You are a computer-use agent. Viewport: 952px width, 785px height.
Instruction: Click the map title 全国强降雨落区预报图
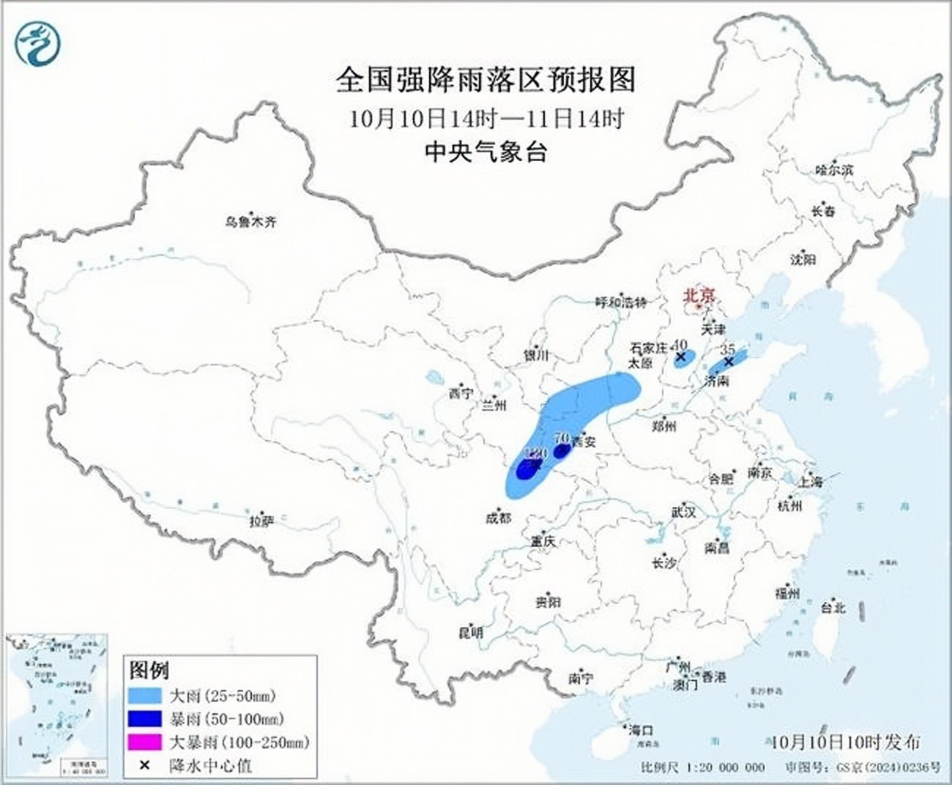pyautogui.click(x=486, y=80)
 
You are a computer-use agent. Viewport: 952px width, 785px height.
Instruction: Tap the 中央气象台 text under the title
pyautogui.click(x=486, y=152)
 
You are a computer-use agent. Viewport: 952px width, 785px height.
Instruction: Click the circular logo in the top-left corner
pyautogui.click(x=37, y=43)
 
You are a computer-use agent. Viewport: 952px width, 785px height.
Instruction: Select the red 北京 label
pyautogui.click(x=698, y=296)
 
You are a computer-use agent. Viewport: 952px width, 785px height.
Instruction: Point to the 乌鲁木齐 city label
pyautogui.click(x=250, y=221)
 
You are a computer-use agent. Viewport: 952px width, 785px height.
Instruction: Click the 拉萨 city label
pyautogui.click(x=261, y=521)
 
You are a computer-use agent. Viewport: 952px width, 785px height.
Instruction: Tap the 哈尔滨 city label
pyautogui.click(x=834, y=170)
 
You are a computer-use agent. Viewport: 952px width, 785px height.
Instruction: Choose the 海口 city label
pyautogui.click(x=640, y=730)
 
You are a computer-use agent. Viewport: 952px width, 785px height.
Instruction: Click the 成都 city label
pyautogui.click(x=498, y=518)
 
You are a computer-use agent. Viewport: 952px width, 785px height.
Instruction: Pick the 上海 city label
pyautogui.click(x=810, y=482)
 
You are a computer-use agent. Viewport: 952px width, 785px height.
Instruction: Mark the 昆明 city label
pyautogui.click(x=471, y=633)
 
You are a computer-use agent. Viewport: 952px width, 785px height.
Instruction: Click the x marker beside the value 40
pyautogui.click(x=680, y=357)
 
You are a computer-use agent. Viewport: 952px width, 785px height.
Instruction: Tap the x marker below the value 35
pyautogui.click(x=729, y=362)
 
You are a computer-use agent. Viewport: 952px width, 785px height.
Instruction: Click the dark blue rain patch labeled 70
pyautogui.click(x=562, y=451)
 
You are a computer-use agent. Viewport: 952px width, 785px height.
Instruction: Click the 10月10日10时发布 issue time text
pyautogui.click(x=846, y=741)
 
